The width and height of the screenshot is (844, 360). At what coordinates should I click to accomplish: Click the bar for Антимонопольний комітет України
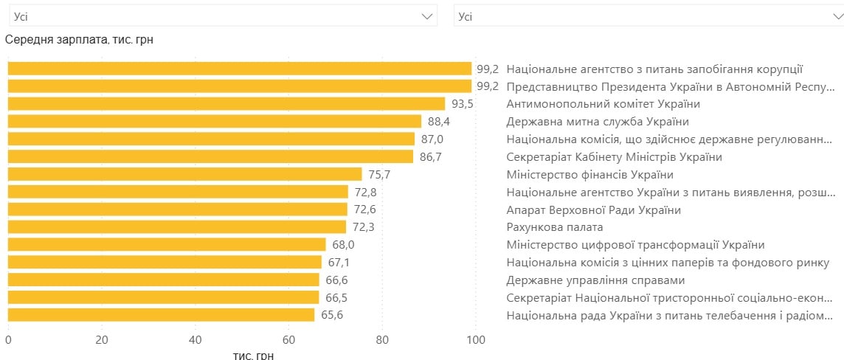point(226,104)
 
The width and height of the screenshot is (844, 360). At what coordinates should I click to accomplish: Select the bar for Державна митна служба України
point(215,122)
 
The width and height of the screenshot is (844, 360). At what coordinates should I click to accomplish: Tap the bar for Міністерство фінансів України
point(184,175)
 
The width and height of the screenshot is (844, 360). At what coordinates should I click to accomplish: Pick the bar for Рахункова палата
point(177,227)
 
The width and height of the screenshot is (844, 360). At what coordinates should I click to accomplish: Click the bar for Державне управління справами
point(163,280)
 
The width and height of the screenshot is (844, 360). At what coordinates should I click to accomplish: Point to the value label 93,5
point(462,104)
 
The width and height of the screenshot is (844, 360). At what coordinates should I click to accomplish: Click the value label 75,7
point(378,175)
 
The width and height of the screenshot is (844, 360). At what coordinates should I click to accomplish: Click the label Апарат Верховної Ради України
point(593,210)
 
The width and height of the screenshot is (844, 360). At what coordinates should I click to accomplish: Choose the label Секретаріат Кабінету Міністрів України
point(614,157)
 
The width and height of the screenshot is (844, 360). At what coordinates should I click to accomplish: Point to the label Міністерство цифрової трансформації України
point(635,245)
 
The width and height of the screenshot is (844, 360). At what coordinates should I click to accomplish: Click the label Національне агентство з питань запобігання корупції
point(654,69)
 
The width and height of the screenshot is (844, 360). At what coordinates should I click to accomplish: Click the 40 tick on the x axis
point(195,340)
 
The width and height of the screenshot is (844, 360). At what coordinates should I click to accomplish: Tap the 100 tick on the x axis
point(476,340)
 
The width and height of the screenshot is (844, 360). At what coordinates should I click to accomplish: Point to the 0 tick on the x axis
point(8,340)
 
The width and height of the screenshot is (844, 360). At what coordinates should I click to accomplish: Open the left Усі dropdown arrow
point(427,15)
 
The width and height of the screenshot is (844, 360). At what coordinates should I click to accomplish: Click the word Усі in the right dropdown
point(466,15)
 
